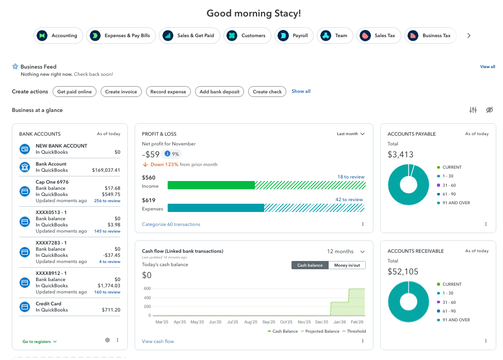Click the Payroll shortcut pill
pyautogui.click(x=296, y=36)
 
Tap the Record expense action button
pyautogui.click(x=168, y=92)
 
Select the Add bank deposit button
pyautogui.click(x=219, y=92)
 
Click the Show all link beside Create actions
pyautogui.click(x=301, y=91)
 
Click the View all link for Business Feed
pyautogui.click(x=487, y=67)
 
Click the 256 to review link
pyautogui.click(x=107, y=201)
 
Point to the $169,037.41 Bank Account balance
pyautogui.click(x=106, y=170)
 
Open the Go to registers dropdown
pyautogui.click(x=39, y=341)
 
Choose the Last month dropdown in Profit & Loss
pyautogui.click(x=351, y=134)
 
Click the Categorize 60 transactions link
pyautogui.click(x=171, y=224)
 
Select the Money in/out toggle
pyautogui.click(x=347, y=265)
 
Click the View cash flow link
pyautogui.click(x=158, y=341)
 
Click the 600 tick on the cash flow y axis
pyautogui.click(x=147, y=288)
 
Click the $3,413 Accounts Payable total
pyautogui.click(x=400, y=154)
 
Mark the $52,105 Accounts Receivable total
pyautogui.click(x=402, y=271)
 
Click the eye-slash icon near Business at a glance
pyautogui.click(x=490, y=110)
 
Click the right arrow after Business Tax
pyautogui.click(x=468, y=36)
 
